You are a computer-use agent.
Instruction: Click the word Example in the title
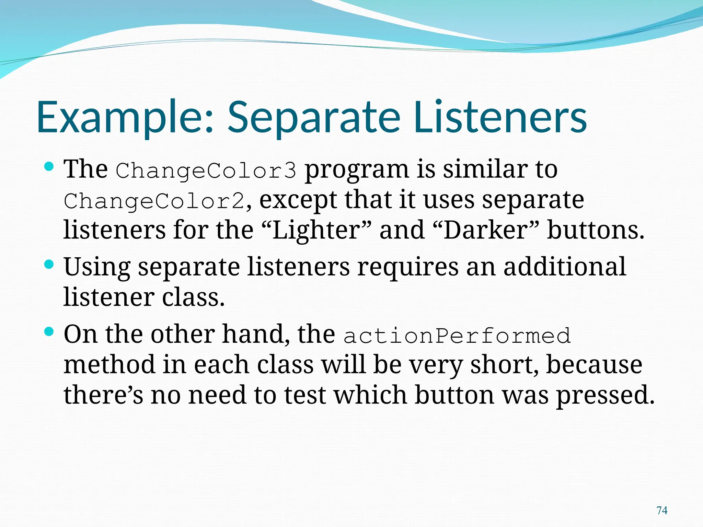[125, 117]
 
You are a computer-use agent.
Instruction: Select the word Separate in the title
[314, 117]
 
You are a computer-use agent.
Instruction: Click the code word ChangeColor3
[206, 171]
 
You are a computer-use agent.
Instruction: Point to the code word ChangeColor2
[154, 201]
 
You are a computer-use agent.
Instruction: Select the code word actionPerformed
[457, 336]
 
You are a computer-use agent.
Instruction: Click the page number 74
[662, 511]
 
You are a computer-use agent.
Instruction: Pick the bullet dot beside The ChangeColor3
[49, 167]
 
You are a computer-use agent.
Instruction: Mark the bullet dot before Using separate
[49, 265]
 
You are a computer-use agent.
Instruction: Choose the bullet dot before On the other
[49, 332]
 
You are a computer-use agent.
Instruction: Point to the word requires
[407, 268]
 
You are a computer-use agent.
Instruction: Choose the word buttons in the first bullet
[596, 230]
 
